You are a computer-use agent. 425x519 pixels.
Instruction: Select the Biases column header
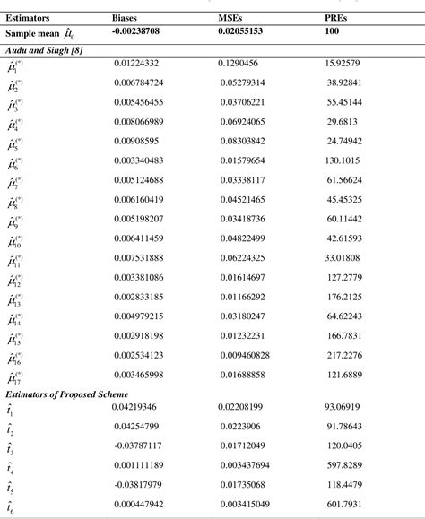[126, 17]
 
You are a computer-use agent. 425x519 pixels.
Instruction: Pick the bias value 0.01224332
[139, 64]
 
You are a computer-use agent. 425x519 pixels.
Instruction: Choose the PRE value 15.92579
[343, 64]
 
